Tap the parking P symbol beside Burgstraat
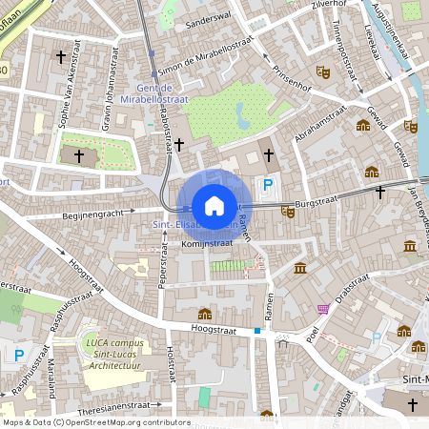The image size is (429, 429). click(x=269, y=186)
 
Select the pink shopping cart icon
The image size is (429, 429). click(x=323, y=309)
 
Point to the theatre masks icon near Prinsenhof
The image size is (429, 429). click(x=323, y=71)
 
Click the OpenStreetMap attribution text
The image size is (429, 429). click(x=95, y=422)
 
